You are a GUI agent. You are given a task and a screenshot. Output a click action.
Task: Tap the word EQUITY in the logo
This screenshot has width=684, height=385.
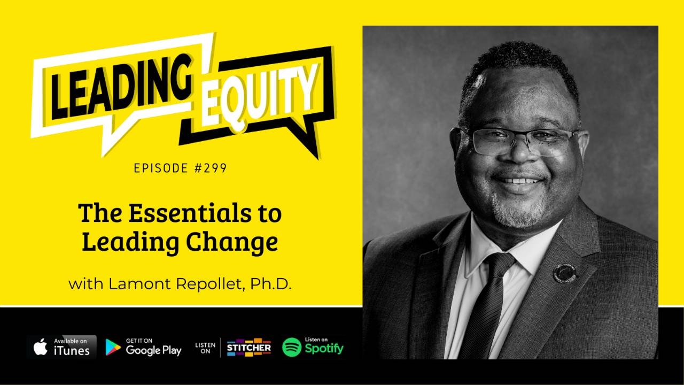[260, 96]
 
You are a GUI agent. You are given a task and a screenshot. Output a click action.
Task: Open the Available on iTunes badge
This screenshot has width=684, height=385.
[61, 347]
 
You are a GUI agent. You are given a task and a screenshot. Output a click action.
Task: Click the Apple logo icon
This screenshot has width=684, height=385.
[41, 347]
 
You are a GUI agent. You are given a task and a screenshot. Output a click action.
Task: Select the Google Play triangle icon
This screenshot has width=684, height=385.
[113, 347]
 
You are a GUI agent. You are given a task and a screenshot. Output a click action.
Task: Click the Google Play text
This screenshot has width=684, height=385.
[153, 350]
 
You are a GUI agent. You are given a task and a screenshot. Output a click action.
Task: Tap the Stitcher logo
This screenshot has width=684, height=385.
[248, 348]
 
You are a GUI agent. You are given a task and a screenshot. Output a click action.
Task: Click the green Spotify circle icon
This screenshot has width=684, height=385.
[292, 347]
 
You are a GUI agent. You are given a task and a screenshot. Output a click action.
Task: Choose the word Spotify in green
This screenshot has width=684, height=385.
[324, 349]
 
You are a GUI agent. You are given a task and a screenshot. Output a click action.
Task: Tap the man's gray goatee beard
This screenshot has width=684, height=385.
[516, 211]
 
